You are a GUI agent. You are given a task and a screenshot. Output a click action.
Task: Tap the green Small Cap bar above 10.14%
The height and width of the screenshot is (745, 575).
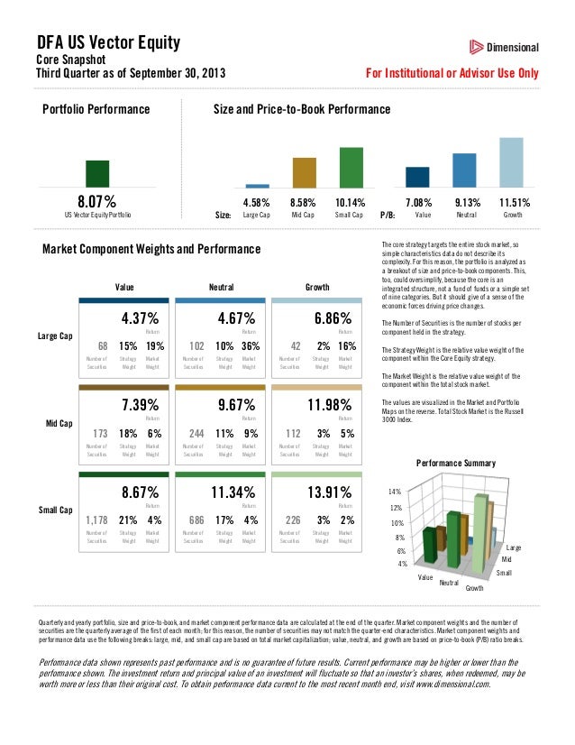pyautogui.click(x=351, y=167)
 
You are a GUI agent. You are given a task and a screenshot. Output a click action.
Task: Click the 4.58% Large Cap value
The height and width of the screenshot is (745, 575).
pyautogui.click(x=257, y=203)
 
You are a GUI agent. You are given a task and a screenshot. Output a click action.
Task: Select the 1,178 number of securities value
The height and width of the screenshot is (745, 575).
pyautogui.click(x=96, y=520)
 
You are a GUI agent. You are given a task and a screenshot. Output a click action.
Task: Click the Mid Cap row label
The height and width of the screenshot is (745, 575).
pyautogui.click(x=59, y=423)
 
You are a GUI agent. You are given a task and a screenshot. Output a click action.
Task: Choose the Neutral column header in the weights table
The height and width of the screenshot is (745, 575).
pyautogui.click(x=221, y=287)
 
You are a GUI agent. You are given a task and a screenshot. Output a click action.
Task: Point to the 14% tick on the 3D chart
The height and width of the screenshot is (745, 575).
pyautogui.click(x=395, y=492)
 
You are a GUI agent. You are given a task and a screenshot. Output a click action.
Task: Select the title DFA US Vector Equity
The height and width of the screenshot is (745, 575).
pyautogui.click(x=108, y=42)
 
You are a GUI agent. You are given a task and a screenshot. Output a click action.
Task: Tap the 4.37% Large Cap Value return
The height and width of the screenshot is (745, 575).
pyautogui.click(x=140, y=318)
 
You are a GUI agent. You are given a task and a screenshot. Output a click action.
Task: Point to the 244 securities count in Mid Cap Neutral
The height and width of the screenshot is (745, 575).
pyautogui.click(x=195, y=434)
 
